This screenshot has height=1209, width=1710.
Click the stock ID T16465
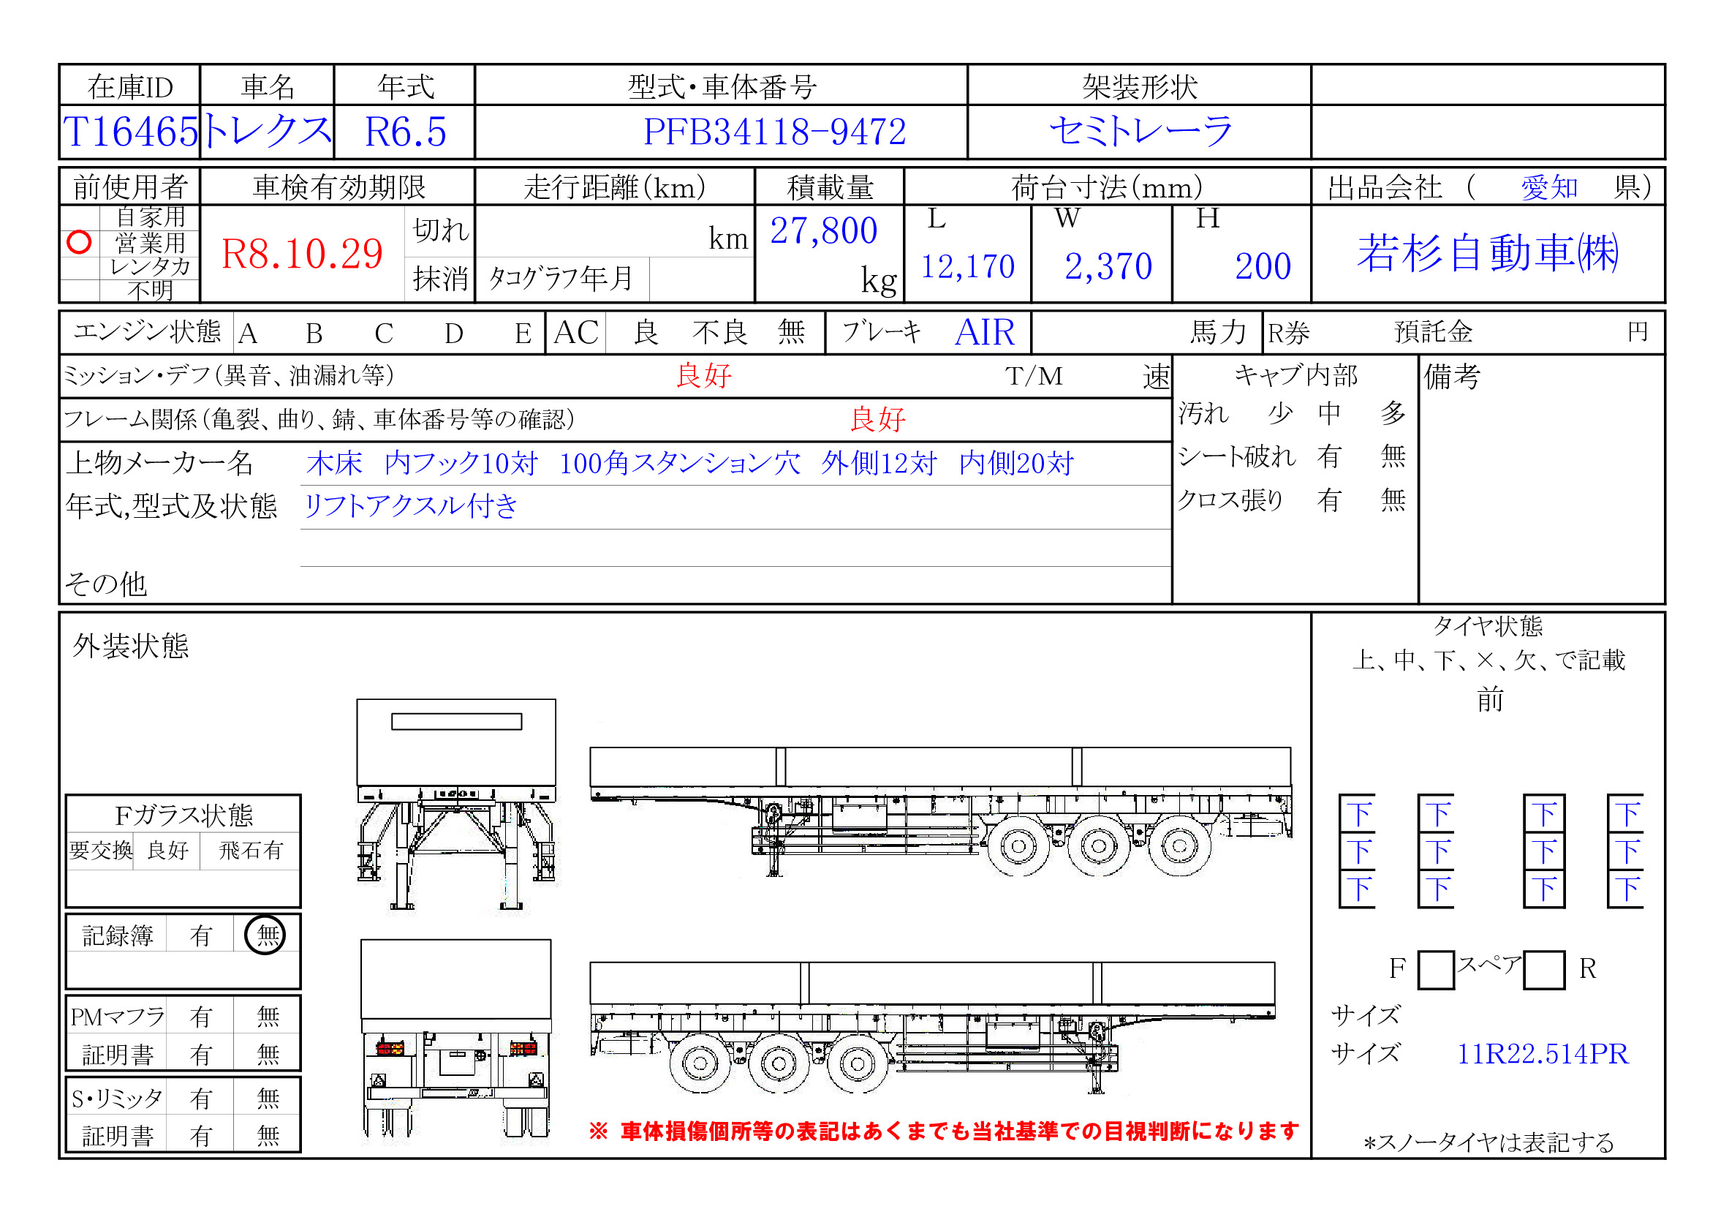point(130,132)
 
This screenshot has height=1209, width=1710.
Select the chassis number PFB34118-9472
point(773,132)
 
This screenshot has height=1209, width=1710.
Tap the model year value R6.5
point(405,132)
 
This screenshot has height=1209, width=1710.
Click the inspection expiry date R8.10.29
point(302,254)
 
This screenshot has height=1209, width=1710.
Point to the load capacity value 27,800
point(823,231)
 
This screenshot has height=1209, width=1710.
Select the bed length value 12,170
point(967,266)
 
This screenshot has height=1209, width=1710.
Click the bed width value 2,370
point(1108,266)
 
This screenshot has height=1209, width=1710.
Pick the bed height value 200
point(1263,266)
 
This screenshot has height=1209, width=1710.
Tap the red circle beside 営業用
point(79,242)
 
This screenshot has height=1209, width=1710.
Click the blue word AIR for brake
point(984,332)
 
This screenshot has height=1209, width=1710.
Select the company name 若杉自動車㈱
point(1487,252)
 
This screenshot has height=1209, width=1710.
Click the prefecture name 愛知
point(1548,187)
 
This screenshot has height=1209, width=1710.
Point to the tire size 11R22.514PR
point(1543,1053)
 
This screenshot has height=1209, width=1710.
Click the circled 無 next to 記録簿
point(266,935)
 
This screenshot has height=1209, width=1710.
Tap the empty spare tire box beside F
point(1435,969)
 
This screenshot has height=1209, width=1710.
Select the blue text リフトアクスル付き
point(410,506)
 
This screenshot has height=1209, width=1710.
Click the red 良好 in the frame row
point(877,419)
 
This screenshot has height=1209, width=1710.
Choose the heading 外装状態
point(130,646)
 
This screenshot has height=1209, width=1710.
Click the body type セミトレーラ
point(1140,132)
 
